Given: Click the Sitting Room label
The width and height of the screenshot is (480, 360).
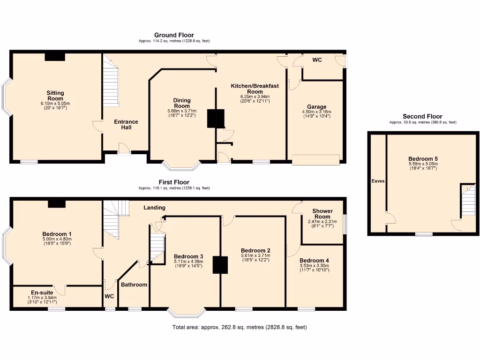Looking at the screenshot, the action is (x=55, y=96).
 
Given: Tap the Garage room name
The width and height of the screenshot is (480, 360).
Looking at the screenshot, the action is (x=316, y=107).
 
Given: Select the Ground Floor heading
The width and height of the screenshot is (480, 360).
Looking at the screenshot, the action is (x=174, y=35).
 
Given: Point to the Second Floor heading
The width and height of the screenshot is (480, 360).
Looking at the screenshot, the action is (x=422, y=116).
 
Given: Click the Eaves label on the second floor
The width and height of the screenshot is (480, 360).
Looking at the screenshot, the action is (x=378, y=181).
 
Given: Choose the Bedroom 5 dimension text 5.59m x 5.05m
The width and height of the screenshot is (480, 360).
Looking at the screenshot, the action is (x=423, y=164).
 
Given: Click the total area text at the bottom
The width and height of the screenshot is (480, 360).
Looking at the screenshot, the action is (x=240, y=327).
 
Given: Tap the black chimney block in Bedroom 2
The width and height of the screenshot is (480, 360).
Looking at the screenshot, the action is (x=220, y=264).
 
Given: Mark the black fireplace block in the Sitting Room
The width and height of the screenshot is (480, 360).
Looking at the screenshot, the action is (x=55, y=57).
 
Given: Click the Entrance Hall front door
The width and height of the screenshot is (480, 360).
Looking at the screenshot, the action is (x=124, y=149).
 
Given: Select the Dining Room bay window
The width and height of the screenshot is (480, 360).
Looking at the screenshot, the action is (x=181, y=166).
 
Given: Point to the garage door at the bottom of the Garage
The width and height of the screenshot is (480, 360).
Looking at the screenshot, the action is (x=315, y=160).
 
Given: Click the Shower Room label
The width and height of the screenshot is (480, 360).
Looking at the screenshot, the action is (x=322, y=214).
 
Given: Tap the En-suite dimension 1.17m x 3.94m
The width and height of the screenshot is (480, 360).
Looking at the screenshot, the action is (x=42, y=298).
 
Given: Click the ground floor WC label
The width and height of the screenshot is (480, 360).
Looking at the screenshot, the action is (x=317, y=60).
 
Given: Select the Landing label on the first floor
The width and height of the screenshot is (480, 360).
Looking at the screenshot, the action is (x=154, y=208).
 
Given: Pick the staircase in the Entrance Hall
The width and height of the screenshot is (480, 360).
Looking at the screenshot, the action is (x=111, y=81).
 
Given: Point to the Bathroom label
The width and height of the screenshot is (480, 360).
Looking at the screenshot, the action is (x=134, y=285).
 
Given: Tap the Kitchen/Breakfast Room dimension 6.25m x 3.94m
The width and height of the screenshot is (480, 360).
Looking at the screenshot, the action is (x=255, y=97).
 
